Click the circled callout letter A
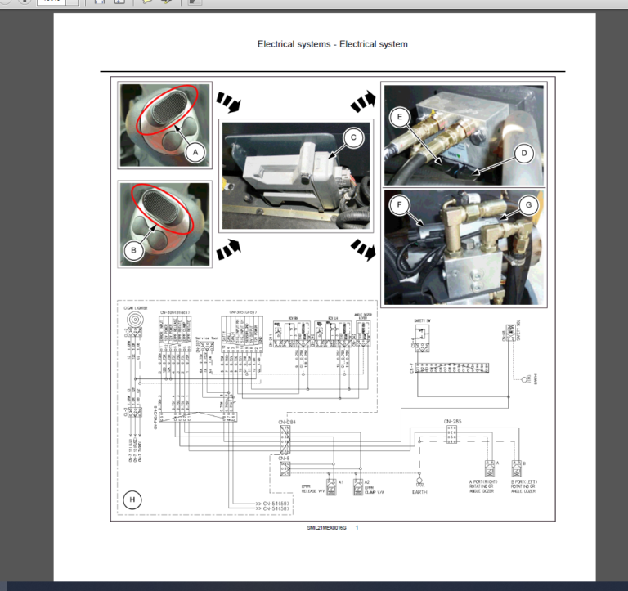(x=193, y=151)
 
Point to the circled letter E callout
(x=399, y=117)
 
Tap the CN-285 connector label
(x=453, y=423)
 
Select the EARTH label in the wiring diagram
(x=420, y=492)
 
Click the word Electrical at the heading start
(x=280, y=43)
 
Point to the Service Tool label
(x=208, y=338)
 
